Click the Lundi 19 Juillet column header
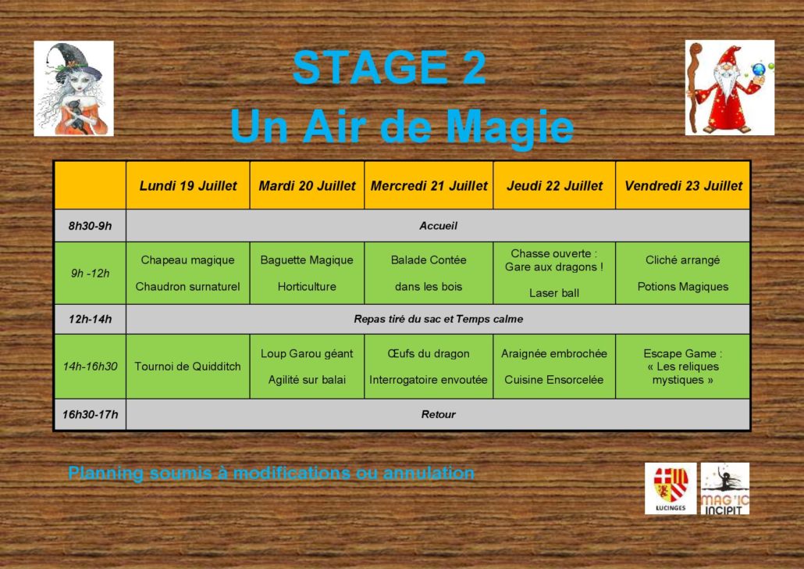[187, 185]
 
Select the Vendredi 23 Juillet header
[682, 185]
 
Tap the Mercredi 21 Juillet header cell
[429, 185]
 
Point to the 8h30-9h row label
[91, 226]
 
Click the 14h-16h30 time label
[91, 366]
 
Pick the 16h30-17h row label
[91, 414]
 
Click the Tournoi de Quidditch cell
[187, 366]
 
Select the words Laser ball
[553, 293]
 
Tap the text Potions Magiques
[682, 287]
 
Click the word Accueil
[438, 226]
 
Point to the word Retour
[438, 414]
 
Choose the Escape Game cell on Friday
[682, 366]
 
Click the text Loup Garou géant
[307, 353]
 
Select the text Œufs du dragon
[429, 353]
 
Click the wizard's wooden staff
[694, 88]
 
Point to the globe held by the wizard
[759, 70]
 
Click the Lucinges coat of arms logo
[671, 488]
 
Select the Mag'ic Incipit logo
[725, 488]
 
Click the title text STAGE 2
[390, 67]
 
